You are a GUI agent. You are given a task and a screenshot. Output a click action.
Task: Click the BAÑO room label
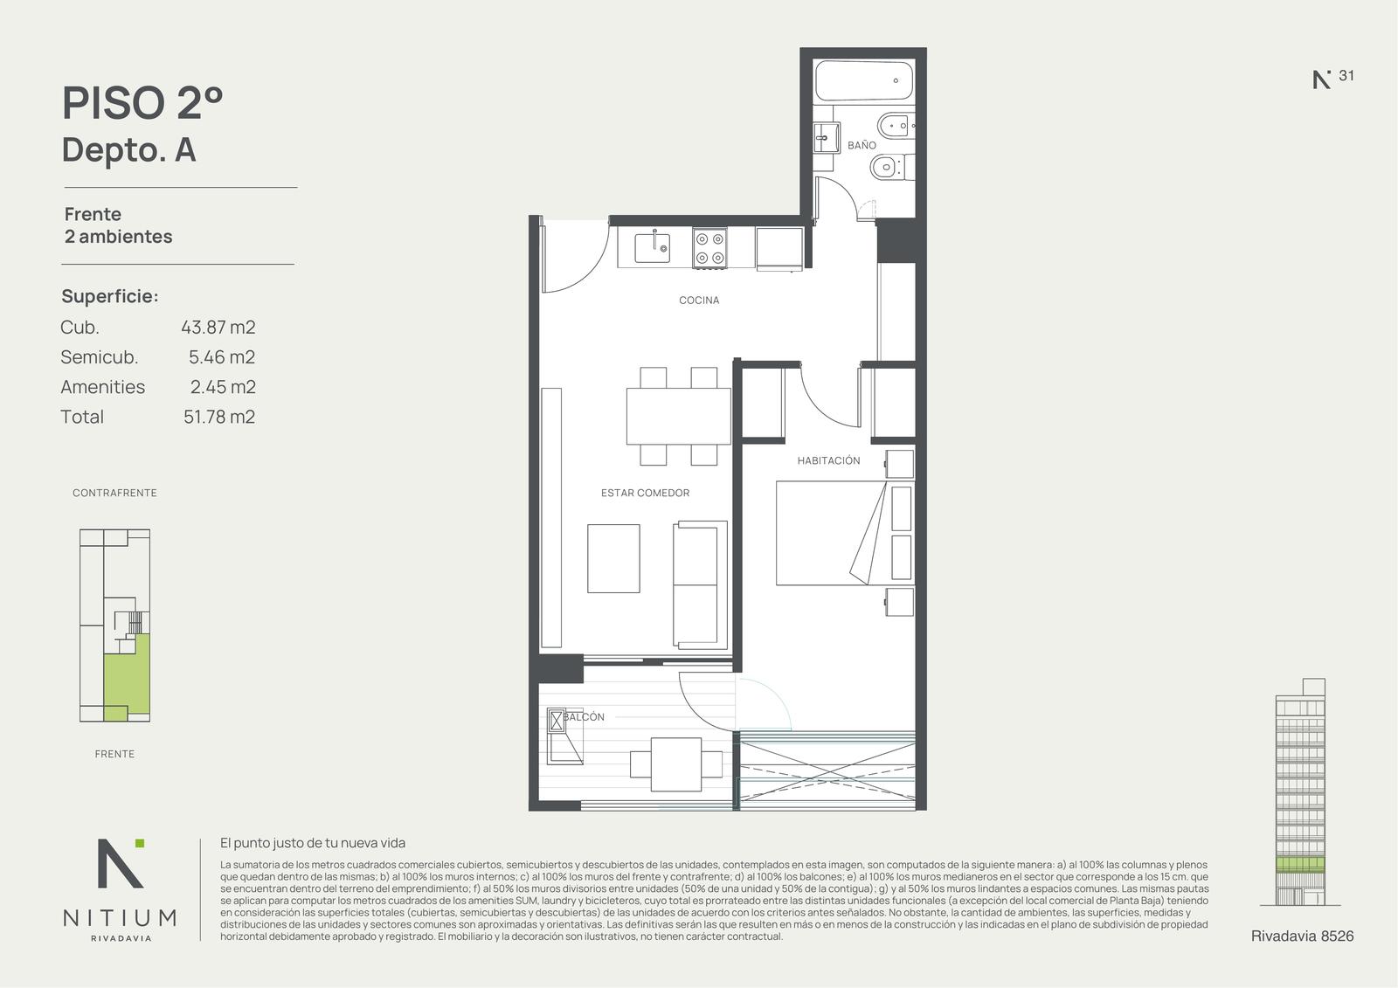click(862, 145)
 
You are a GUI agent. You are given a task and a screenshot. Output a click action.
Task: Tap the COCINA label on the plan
click(699, 301)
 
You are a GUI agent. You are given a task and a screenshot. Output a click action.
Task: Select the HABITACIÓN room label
click(828, 460)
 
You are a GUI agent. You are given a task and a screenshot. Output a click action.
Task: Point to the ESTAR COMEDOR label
click(645, 493)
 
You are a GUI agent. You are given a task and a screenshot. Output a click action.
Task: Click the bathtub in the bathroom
click(864, 80)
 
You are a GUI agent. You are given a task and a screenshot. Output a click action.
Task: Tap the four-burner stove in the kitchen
click(709, 248)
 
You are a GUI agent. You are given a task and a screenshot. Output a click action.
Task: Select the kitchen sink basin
click(652, 248)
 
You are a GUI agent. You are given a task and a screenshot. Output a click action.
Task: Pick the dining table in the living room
click(678, 417)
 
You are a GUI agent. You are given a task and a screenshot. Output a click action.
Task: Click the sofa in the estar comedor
click(700, 585)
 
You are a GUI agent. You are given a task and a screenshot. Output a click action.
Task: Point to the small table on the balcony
click(676, 764)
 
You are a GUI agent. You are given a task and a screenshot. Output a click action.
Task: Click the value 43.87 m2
click(218, 328)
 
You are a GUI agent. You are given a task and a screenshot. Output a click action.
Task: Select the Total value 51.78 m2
click(219, 417)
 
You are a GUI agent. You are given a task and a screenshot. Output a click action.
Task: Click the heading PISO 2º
click(142, 103)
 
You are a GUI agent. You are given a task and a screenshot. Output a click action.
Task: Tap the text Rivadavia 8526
click(1302, 936)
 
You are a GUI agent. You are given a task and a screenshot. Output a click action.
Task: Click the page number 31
click(1346, 75)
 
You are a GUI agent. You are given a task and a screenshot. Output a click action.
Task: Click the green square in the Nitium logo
click(140, 843)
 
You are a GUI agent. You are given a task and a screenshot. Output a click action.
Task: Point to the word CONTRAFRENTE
click(114, 493)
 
